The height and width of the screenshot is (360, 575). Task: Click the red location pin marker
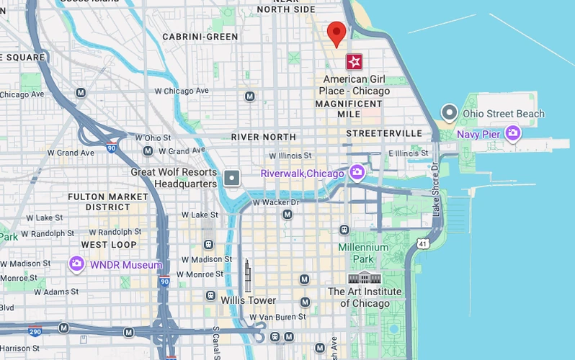336,33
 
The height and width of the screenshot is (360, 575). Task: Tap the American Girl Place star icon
354,61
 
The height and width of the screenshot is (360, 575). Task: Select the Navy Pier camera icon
512,132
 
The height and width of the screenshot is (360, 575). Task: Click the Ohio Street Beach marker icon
450,113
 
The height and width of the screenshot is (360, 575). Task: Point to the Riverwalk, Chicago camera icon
356,173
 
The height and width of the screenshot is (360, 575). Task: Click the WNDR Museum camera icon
77,264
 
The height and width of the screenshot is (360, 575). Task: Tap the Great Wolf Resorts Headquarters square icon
232,178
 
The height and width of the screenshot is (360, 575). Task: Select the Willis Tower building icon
247,275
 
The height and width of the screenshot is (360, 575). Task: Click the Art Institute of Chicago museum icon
364,278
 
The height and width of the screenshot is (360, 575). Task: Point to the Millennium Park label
363,253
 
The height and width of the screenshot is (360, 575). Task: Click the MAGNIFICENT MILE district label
348,109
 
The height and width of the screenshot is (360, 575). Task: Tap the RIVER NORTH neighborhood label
263,137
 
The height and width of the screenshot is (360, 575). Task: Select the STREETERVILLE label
384,134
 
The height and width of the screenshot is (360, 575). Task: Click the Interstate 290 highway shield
35,330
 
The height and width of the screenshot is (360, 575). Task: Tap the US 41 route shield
422,244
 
